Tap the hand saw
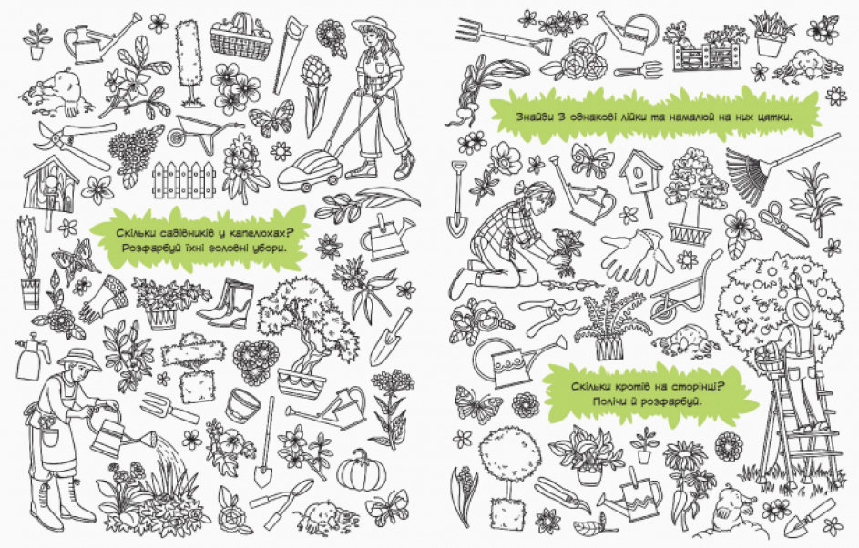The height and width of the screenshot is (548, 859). click(x=287, y=54)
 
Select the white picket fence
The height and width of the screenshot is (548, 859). click(x=183, y=179)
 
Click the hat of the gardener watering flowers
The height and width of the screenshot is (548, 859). click(x=79, y=359)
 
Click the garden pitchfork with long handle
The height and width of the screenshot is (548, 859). click(x=502, y=34)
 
